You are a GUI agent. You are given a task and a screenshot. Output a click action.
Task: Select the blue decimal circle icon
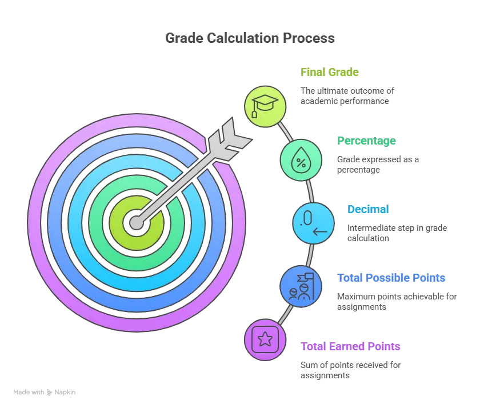(314, 223)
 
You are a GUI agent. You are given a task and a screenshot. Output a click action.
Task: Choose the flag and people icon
(301, 285)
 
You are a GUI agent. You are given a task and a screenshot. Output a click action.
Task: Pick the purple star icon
(265, 340)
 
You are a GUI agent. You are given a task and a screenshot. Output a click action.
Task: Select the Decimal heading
(368, 210)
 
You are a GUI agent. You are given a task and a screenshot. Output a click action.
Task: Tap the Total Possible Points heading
(392, 278)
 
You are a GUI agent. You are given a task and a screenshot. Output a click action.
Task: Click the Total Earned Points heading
(351, 347)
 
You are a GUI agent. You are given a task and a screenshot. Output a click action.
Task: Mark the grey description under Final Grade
(347, 95)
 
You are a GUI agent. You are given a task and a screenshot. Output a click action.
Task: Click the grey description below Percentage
(377, 165)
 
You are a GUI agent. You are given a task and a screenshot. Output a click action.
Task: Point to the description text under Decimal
(397, 233)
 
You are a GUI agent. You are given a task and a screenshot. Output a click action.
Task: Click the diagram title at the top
(250, 39)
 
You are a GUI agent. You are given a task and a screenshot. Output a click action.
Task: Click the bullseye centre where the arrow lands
(136, 222)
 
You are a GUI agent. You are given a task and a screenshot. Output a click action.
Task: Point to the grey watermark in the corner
(46, 393)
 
